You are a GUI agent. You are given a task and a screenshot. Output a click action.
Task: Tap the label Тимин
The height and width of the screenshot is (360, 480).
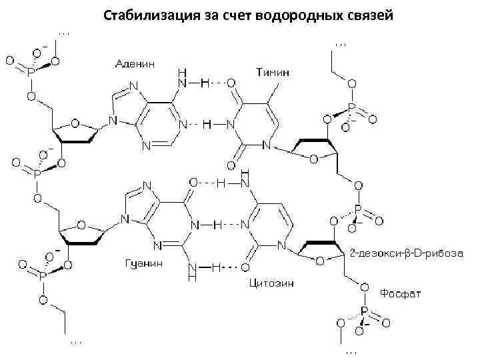click(x=272, y=70)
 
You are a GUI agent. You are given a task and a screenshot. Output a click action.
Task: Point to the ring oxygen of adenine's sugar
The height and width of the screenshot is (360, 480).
click(x=75, y=124)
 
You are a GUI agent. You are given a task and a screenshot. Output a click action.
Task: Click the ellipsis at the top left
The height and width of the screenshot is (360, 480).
click(x=64, y=31)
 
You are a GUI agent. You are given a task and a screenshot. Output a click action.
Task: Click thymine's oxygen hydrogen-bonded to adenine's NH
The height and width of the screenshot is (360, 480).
click(x=231, y=84)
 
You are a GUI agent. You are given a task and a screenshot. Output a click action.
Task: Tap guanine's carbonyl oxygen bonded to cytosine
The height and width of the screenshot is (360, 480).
click(x=193, y=181)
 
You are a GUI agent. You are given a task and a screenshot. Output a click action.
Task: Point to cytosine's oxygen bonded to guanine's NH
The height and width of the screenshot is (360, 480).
click(x=245, y=268)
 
